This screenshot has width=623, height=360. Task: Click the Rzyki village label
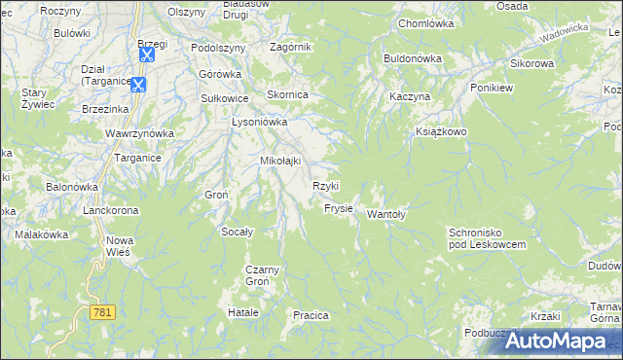pyautogui.click(x=325, y=186)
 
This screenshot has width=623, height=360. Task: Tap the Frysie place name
pyautogui.click(x=338, y=208)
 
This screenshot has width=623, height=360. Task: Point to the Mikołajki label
pyautogui.click(x=280, y=161)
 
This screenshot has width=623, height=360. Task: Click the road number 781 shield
pyautogui.click(x=102, y=312)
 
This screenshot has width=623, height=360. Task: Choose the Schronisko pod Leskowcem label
pyautogui.click(x=488, y=238)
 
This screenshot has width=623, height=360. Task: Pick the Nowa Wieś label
pyautogui.click(x=119, y=246)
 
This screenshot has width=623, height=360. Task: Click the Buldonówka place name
pyautogui.click(x=413, y=58)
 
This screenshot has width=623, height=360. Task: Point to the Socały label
pyautogui.click(x=238, y=232)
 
